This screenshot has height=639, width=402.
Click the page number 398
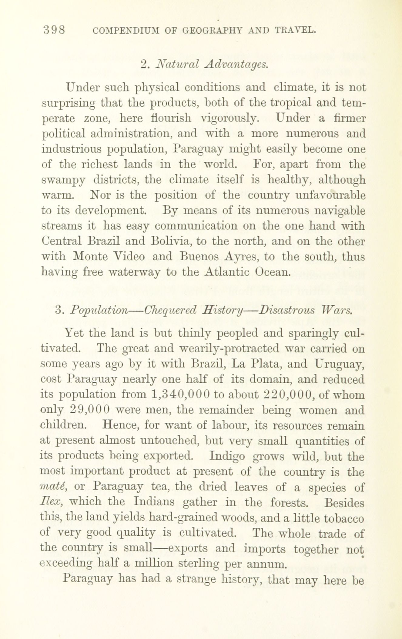click(x=54, y=30)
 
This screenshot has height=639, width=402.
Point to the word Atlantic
click(x=227, y=272)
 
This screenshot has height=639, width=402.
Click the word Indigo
click(x=227, y=456)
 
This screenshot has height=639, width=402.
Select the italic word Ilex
click(x=51, y=502)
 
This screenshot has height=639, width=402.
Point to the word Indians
click(x=153, y=502)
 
